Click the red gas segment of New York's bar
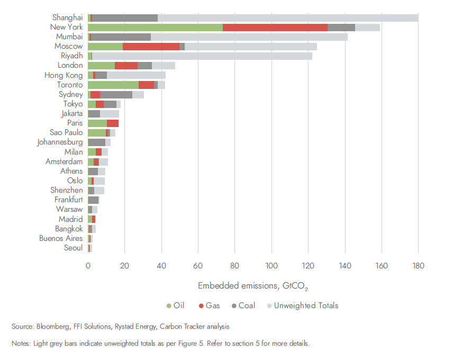[x=275, y=28]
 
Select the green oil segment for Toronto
[x=113, y=85]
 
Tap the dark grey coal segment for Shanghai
[x=125, y=18]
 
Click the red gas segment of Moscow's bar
[x=151, y=47]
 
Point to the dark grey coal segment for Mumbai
[x=121, y=37]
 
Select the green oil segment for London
[x=101, y=66]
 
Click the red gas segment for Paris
[x=113, y=123]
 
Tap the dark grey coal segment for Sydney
[x=116, y=95]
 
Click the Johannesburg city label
[x=60, y=142]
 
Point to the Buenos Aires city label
[x=61, y=238]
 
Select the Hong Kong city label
[x=64, y=75]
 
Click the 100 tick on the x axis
[x=271, y=266]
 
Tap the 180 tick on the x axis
[x=418, y=266]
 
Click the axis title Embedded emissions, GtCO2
[x=252, y=286]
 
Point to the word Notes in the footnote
[x=21, y=344]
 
